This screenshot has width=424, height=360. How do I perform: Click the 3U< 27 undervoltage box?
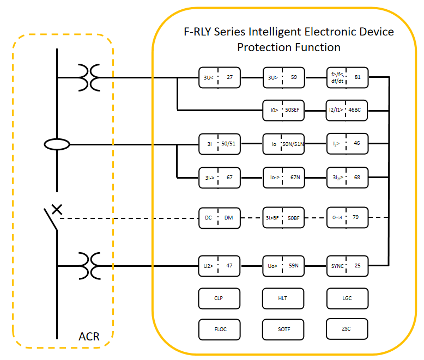click(219, 77)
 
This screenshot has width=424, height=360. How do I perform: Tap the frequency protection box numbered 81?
click(347, 77)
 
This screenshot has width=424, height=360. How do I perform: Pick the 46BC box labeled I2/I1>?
click(347, 109)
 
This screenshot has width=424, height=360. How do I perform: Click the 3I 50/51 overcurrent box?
click(219, 144)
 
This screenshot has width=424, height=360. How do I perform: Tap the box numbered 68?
click(347, 177)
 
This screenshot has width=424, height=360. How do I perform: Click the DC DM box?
click(219, 218)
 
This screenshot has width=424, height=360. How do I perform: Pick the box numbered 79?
click(347, 218)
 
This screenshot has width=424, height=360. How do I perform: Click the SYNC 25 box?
click(347, 266)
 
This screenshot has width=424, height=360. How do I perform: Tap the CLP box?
click(219, 298)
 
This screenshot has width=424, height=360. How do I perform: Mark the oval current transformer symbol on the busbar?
click(57, 144)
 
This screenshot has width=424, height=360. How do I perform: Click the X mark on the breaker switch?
click(57, 209)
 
